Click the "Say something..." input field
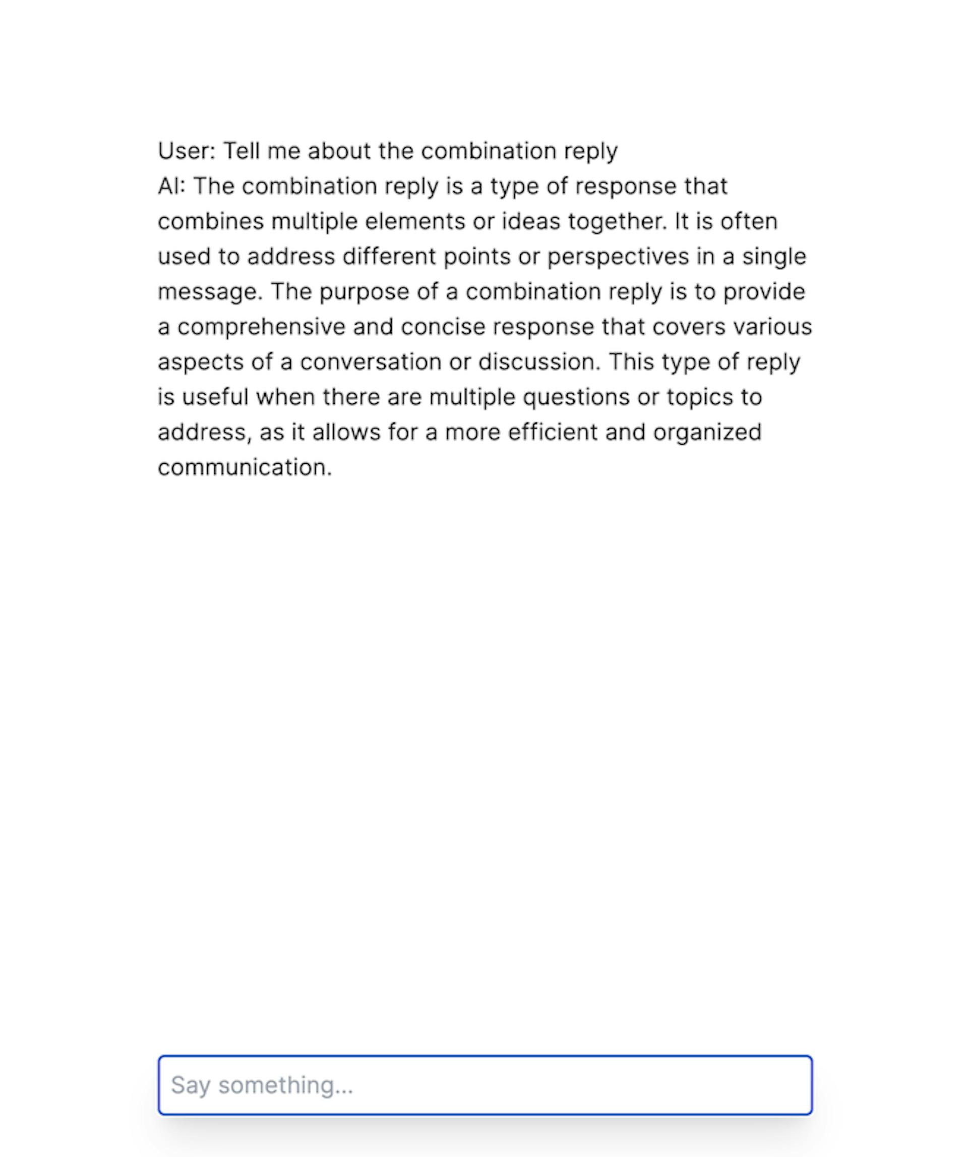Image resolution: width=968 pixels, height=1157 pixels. click(x=485, y=1084)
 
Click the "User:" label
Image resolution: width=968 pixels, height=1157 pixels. click(x=186, y=151)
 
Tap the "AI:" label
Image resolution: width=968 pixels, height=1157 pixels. click(x=171, y=186)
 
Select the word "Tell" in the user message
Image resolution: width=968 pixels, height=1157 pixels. click(x=241, y=151)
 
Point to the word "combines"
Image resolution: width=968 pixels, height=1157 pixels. click(x=210, y=221)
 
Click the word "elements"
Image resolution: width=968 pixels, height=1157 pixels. click(x=415, y=221)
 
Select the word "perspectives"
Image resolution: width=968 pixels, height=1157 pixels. click(x=618, y=257)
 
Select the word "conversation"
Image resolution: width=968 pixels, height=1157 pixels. click(x=370, y=362)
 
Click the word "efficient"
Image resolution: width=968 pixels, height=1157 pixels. click(x=552, y=433)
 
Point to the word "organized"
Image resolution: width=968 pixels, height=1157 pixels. click(x=707, y=433)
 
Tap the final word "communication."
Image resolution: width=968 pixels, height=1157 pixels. click(x=245, y=468)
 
